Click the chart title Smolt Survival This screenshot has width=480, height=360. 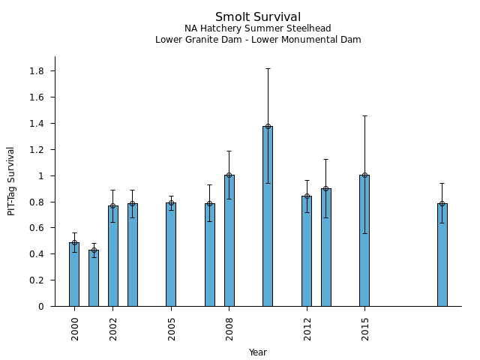pyautogui.click(x=257, y=17)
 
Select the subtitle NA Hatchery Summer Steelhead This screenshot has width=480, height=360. pyautogui.click(x=257, y=28)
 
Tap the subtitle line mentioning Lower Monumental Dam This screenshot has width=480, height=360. pyautogui.click(x=257, y=40)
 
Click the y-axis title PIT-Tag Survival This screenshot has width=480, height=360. pyautogui.click(x=11, y=181)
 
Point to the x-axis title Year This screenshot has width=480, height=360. pyautogui.click(x=257, y=352)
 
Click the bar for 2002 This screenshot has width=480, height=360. pyautogui.click(x=112, y=256)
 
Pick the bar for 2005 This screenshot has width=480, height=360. pyautogui.click(x=171, y=254)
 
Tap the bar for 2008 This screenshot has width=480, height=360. pyautogui.click(x=229, y=241)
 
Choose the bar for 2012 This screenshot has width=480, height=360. pyautogui.click(x=307, y=251)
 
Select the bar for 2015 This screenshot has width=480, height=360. pyautogui.click(x=364, y=241)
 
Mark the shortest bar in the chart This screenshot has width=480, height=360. pyautogui.click(x=94, y=278)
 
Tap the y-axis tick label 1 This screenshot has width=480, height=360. pyautogui.click(x=42, y=175)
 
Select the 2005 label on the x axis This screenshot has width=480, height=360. pyautogui.click(x=172, y=328)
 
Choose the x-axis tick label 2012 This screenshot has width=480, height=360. pyautogui.click(x=307, y=328)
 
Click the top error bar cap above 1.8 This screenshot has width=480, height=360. pyautogui.click(x=268, y=68)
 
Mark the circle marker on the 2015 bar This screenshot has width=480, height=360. pyautogui.click(x=364, y=175)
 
